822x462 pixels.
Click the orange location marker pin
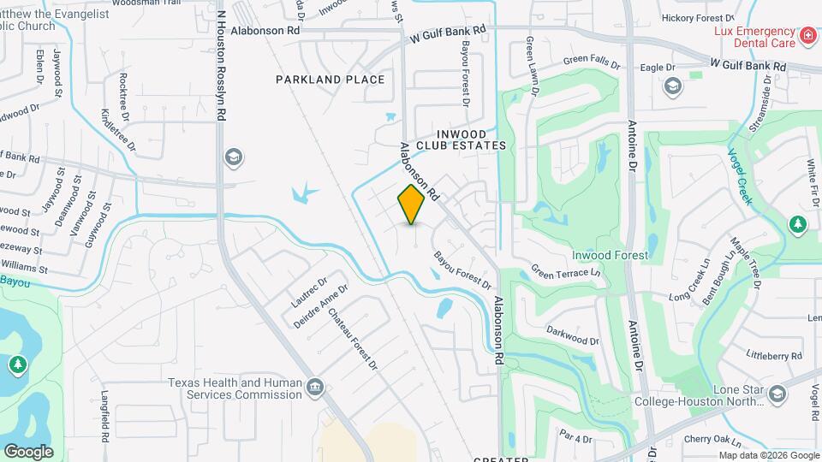[412, 204]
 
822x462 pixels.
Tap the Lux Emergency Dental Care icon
[807, 36]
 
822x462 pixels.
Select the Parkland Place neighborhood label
[330, 80]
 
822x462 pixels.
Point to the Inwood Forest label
[611, 255]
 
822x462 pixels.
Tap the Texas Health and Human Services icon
[315, 388]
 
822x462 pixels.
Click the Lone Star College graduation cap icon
[777, 394]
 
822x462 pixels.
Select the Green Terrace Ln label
[566, 273]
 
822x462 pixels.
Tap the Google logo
[28, 451]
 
